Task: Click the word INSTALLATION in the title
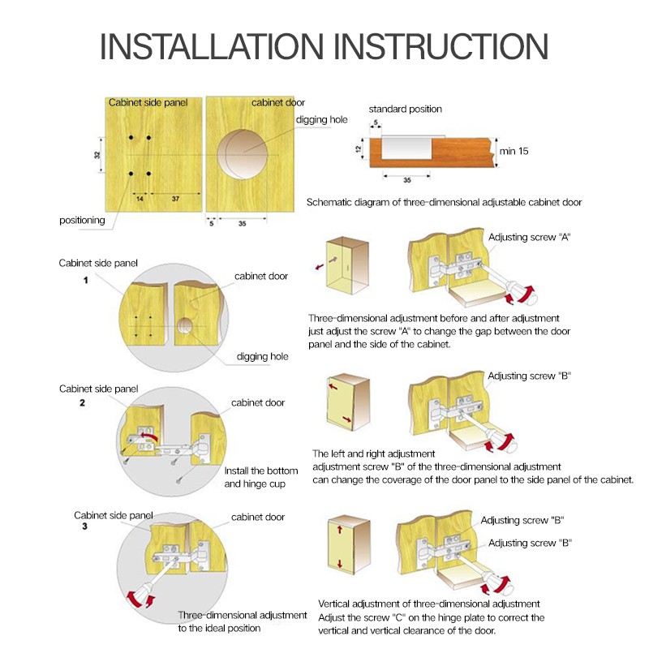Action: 212,46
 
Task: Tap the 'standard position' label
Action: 405,109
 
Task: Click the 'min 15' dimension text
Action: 514,151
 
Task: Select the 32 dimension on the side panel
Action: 97,155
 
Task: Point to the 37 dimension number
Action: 175,199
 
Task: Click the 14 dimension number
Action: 140,199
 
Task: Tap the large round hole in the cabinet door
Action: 243,154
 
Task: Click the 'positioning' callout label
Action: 82,220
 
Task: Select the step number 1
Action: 86,280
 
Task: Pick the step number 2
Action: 83,402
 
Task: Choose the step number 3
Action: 85,526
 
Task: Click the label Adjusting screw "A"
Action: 530,237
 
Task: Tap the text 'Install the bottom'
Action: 261,471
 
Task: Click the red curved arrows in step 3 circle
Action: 140,600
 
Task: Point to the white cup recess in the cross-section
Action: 406,148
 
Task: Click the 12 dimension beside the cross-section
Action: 359,148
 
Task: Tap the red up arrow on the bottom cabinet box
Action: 340,530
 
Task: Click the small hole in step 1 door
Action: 185,326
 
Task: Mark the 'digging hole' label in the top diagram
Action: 321,120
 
